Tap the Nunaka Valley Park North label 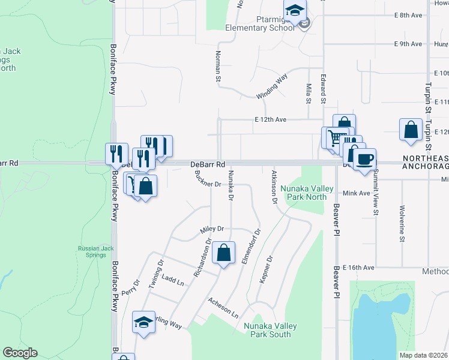307,193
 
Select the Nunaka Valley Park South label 270,330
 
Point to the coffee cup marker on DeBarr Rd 364,160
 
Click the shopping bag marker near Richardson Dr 223,253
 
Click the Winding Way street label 272,88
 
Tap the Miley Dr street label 211,229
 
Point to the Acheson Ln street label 223,308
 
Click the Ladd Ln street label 172,281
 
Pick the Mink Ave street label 357,193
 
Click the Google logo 20,353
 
